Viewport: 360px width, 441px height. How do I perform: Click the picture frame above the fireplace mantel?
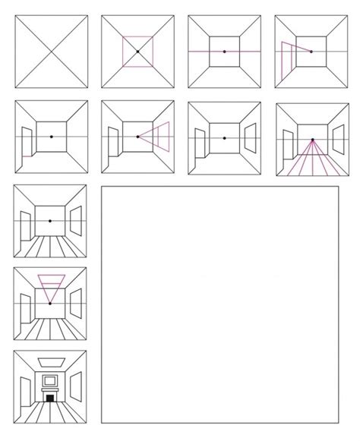click(x=49, y=380)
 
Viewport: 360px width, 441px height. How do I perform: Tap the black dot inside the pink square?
click(x=137, y=51)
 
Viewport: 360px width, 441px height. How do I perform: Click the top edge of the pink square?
click(x=137, y=36)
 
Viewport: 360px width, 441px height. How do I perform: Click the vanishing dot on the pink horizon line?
click(x=224, y=51)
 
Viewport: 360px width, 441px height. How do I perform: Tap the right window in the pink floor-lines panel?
click(x=333, y=139)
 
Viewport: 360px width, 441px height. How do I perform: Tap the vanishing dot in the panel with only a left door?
click(x=51, y=137)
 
